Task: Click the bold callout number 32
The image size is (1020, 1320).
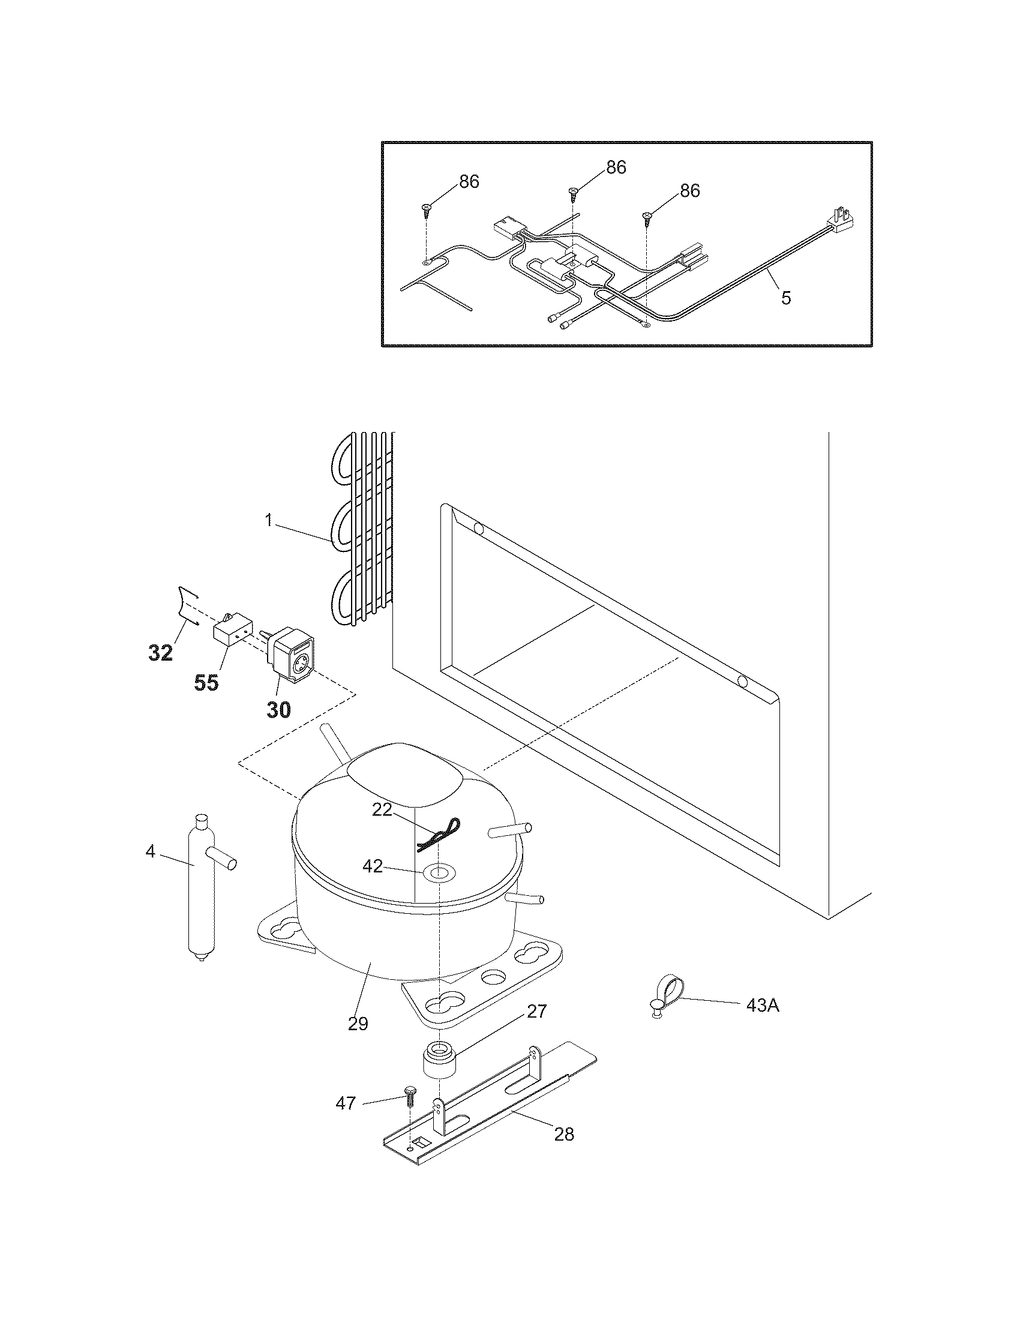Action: pos(161,652)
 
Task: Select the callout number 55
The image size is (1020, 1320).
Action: pos(206,683)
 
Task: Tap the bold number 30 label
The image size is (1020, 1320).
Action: pos(278,709)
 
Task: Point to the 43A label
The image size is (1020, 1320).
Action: pos(763,1005)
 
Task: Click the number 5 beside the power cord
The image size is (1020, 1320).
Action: pos(785,298)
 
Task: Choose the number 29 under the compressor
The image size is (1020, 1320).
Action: pos(358,1024)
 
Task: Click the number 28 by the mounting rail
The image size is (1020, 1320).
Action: pos(564,1135)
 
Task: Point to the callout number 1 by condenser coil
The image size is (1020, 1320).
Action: pos(269,520)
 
